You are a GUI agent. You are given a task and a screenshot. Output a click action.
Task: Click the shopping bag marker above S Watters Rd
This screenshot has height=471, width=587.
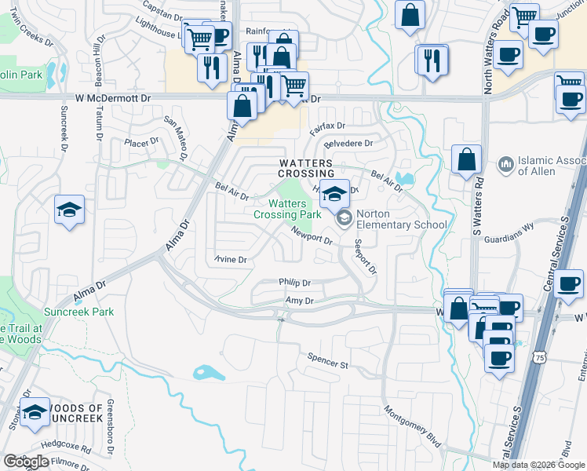coord(466,159)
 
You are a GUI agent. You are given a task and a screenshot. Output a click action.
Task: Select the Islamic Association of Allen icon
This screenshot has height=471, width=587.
coord(505,165)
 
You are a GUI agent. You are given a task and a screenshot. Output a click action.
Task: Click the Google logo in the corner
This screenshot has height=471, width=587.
coord(26,462)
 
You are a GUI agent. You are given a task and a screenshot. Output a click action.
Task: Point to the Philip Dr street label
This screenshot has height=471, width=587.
coord(294,283)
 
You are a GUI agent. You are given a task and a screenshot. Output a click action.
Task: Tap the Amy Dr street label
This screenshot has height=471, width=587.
coord(299,301)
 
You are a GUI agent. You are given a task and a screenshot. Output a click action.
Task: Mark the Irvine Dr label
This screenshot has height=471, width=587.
coord(231,260)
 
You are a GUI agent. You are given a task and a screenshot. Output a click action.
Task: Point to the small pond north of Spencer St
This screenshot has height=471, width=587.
coord(208,373)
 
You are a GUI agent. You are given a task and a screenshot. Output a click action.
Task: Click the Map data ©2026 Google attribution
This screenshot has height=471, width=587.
coord(538,465)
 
